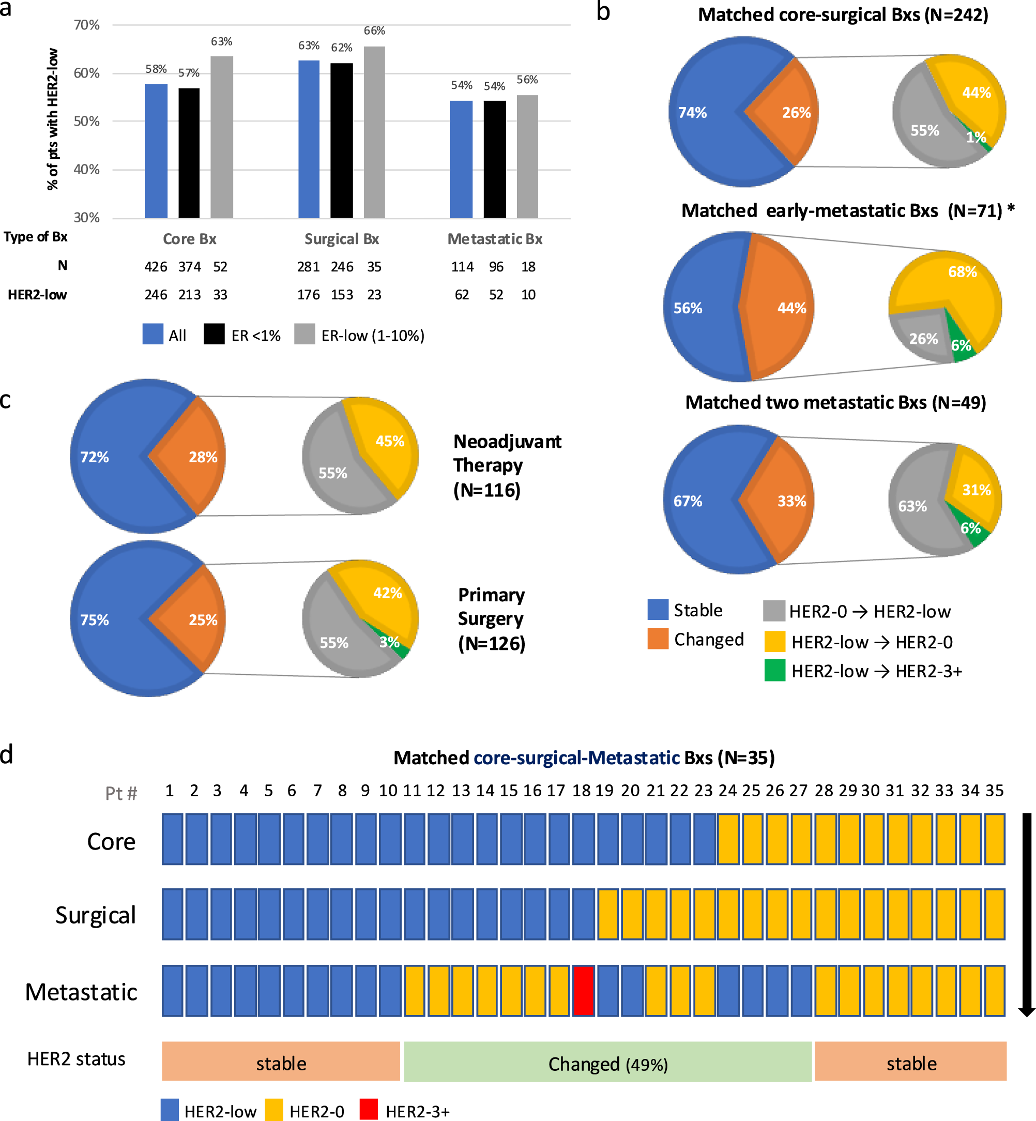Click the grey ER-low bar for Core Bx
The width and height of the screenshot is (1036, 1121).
click(x=221, y=138)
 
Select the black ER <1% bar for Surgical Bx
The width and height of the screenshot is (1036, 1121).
click(x=341, y=140)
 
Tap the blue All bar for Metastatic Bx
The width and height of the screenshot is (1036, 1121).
click(x=461, y=159)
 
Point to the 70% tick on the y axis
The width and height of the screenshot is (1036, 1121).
click(x=87, y=25)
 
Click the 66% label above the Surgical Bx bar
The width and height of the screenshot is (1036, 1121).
click(x=374, y=31)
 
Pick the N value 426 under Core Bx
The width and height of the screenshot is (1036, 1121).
click(x=155, y=267)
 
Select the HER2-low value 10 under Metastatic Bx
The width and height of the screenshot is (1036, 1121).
click(x=528, y=295)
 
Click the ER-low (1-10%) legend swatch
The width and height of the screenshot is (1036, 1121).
click(x=304, y=334)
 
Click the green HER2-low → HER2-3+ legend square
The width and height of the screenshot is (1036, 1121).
click(x=774, y=670)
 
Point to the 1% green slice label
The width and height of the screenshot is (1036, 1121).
click(x=976, y=137)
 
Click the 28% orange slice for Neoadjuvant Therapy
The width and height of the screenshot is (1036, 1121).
click(x=196, y=457)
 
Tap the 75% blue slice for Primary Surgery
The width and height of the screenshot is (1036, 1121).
click(x=106, y=619)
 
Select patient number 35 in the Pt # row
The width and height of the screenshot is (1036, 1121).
click(x=994, y=791)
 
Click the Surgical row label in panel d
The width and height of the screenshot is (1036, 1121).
click(x=95, y=915)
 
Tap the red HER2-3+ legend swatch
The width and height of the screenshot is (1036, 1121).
click(x=368, y=1110)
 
